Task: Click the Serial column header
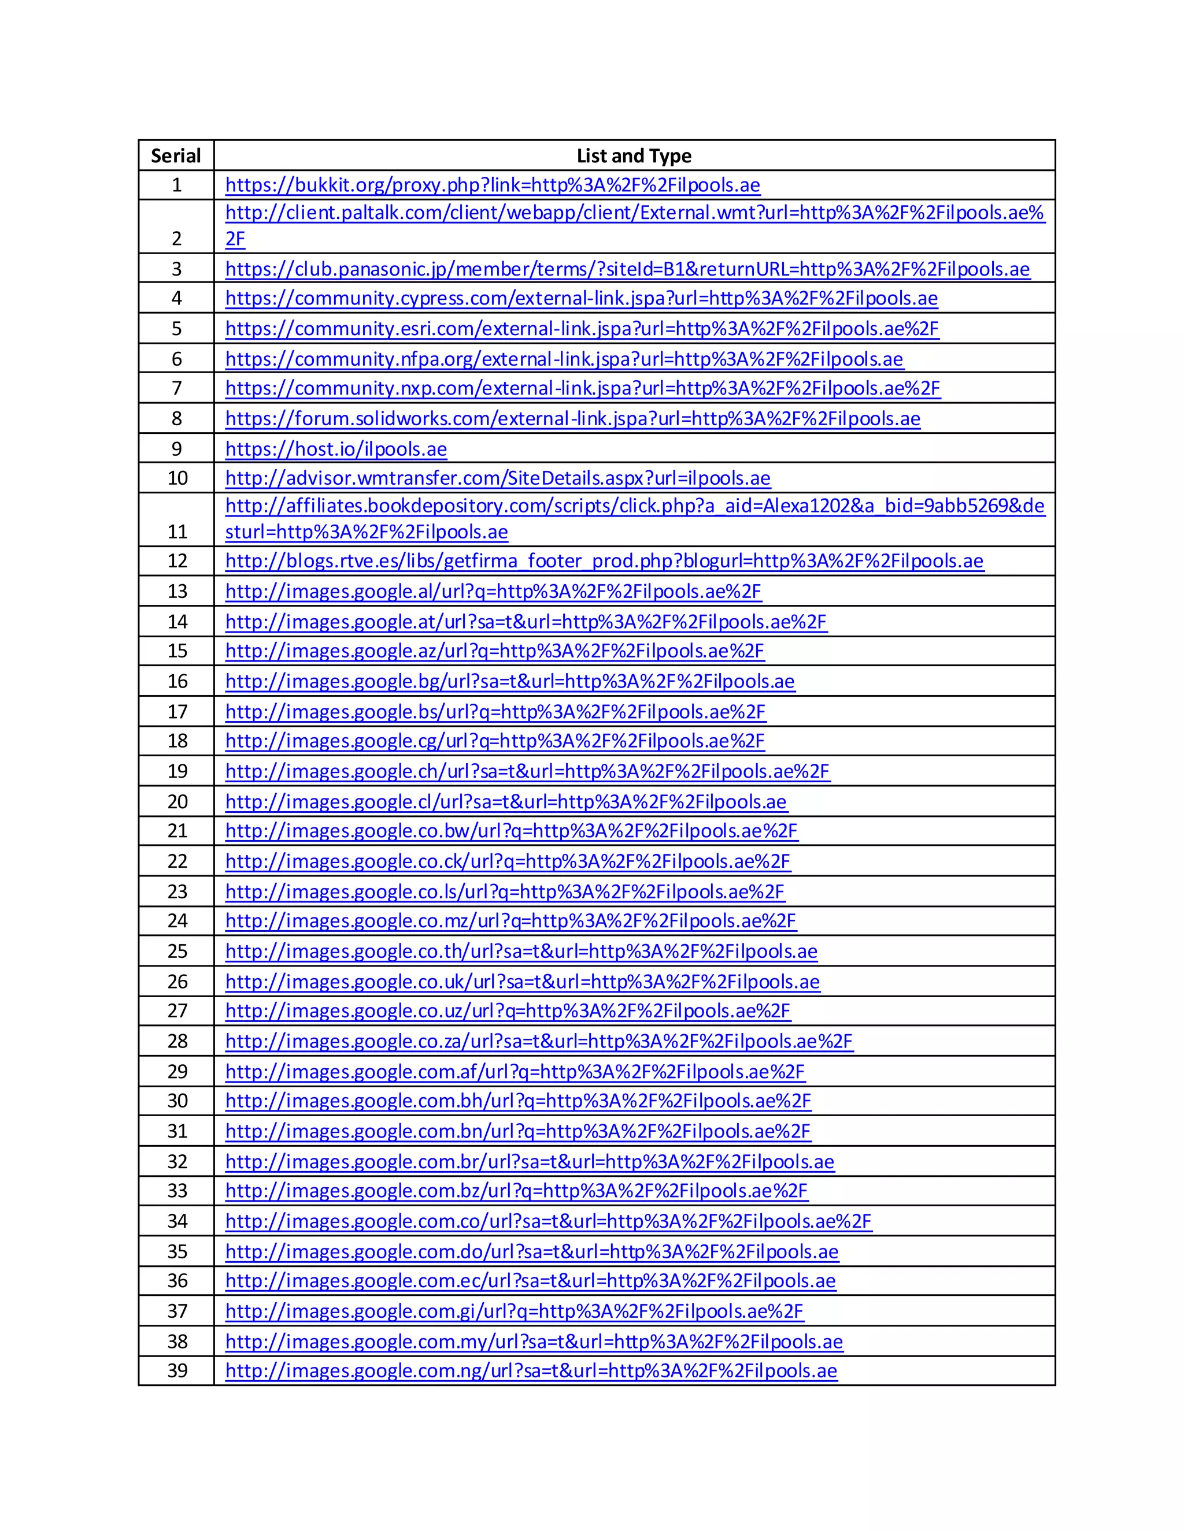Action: pos(176,155)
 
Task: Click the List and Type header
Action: pos(634,155)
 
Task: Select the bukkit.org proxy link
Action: pos(493,185)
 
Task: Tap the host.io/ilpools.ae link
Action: pos(336,449)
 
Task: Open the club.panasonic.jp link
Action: pos(627,269)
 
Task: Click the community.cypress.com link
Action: pos(581,299)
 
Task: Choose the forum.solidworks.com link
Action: pos(572,418)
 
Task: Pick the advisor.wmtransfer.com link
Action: pos(497,478)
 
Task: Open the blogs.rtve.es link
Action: pos(604,561)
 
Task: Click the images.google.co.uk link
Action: pos(522,982)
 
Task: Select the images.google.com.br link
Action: pos(530,1162)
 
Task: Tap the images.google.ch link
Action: pos(527,771)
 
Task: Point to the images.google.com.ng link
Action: pos(531,1370)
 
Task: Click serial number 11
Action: pos(177,532)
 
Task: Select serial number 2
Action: pos(177,239)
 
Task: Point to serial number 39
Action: pos(177,1370)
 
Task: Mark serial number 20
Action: pos(177,801)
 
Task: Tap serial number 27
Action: pos(177,1011)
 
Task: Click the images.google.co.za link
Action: pos(539,1041)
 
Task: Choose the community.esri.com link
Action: pos(582,329)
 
